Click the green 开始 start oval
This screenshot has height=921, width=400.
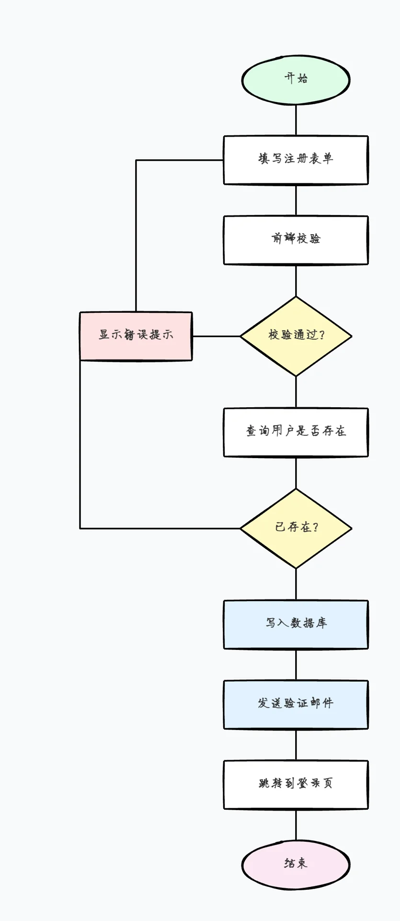point(296,80)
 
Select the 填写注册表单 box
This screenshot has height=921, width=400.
point(296,160)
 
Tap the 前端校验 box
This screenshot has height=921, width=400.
point(296,240)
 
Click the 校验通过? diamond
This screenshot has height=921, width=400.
point(296,336)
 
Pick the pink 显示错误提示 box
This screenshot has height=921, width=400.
point(136,336)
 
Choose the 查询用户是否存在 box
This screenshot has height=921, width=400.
point(296,432)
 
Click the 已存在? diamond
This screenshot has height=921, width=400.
point(296,528)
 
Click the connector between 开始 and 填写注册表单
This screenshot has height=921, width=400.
point(296,120)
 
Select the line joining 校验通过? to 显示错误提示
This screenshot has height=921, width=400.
point(216,336)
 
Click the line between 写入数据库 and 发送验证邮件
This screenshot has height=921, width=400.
point(296,665)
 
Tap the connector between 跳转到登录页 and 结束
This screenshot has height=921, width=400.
point(296,825)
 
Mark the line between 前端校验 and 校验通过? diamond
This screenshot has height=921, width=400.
point(296,280)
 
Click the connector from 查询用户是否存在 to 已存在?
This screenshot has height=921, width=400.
point(296,472)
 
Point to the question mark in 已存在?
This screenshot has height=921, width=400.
point(315,527)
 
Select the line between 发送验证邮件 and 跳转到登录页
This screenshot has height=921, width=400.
point(296,745)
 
